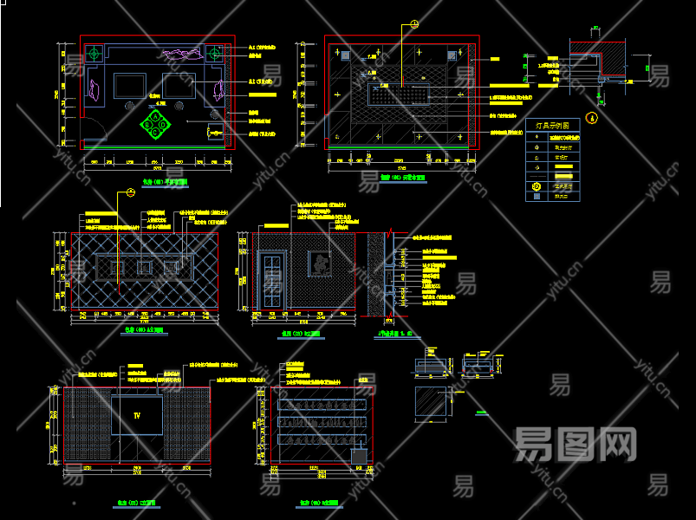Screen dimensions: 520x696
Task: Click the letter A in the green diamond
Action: (x=156, y=116)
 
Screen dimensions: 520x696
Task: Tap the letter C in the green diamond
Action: (x=156, y=133)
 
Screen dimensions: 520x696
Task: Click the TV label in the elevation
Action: (x=136, y=416)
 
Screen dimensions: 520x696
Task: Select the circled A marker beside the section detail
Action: (x=592, y=117)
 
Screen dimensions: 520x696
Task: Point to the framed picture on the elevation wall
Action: (x=321, y=263)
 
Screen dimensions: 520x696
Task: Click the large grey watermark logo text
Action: (x=575, y=445)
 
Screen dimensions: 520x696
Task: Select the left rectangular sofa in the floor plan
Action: (x=129, y=85)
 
